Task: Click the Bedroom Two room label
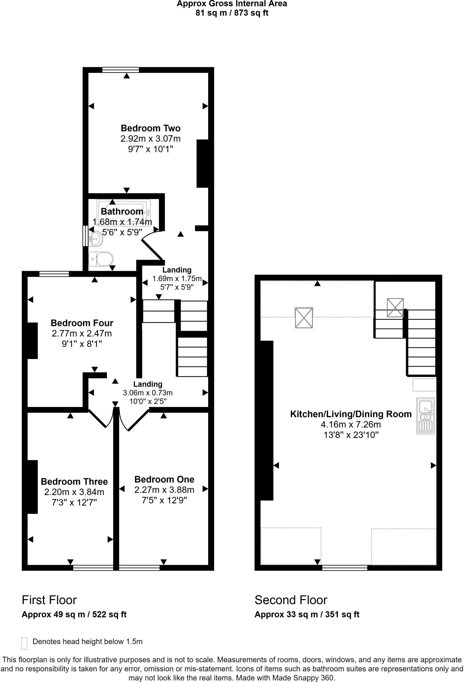151,128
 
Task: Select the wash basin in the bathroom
95,238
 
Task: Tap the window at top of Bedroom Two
121,70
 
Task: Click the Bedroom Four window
54,274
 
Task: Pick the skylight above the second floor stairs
395,307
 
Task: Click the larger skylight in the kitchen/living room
304,318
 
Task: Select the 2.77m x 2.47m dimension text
82,333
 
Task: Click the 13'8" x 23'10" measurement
351,435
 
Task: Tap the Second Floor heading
291,600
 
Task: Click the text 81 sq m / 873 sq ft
232,13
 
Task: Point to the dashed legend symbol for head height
24,643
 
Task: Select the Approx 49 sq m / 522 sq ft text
74,614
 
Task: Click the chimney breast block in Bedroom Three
32,487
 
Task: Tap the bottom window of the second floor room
345,568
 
